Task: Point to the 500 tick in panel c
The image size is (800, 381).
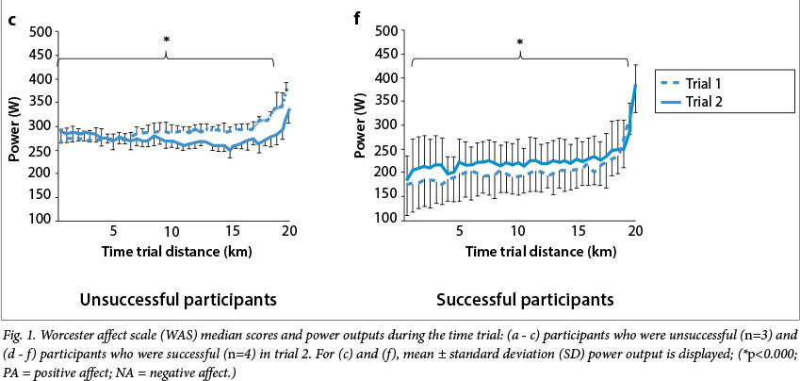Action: pyautogui.click(x=40, y=31)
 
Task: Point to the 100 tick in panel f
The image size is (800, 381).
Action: pyautogui.click(x=384, y=219)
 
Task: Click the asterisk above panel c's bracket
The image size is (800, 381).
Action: pyautogui.click(x=167, y=40)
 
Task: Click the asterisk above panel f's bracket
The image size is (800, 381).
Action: pyautogui.click(x=519, y=41)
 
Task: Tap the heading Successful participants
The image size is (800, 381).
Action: pyautogui.click(x=524, y=300)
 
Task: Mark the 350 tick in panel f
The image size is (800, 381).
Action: pyautogui.click(x=384, y=101)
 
